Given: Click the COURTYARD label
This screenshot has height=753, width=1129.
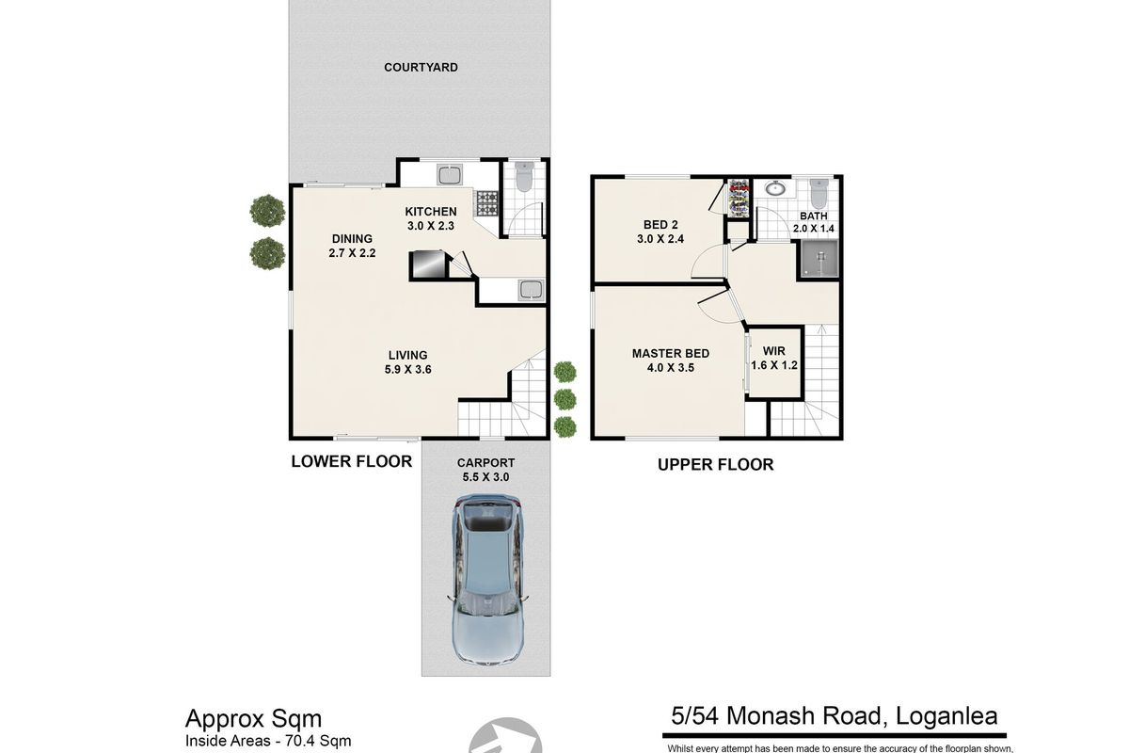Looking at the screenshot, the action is [421, 68].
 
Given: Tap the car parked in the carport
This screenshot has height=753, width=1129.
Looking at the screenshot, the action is [488, 579].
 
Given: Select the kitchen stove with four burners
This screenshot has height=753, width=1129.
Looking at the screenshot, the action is [487, 202].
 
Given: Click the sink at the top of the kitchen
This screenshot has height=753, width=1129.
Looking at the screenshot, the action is [450, 175].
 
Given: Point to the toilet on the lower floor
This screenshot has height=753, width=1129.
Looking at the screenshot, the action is [524, 177].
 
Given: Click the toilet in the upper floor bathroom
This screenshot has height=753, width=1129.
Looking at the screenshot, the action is [819, 194].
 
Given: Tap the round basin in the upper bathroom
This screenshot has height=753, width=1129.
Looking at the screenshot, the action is [774, 188].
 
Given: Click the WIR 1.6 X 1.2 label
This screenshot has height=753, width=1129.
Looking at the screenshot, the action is [774, 358].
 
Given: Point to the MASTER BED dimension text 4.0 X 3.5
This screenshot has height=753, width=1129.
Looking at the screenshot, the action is [671, 368].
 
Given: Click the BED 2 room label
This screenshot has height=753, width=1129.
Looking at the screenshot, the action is [660, 225].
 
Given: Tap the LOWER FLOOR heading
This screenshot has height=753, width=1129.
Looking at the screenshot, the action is [352, 461].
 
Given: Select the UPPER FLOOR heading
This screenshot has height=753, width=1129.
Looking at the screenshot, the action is [716, 465].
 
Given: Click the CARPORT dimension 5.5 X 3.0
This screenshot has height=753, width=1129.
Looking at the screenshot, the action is [485, 477].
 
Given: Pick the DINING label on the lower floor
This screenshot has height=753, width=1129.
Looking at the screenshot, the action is [352, 239].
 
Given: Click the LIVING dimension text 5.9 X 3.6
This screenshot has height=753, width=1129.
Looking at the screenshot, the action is [407, 370].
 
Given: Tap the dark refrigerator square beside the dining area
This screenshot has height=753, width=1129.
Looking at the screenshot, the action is [428, 264].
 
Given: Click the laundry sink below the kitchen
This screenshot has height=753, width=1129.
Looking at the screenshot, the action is [531, 290].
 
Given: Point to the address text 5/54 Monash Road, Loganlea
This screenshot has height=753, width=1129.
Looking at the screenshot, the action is [835, 716].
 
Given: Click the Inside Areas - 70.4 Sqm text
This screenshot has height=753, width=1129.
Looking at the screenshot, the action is [268, 741].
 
